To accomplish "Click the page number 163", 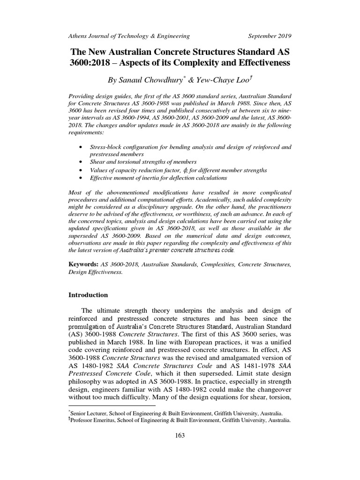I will pyautogui.click(x=180, y=435).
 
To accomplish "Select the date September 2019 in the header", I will pyautogui.click(x=269, y=36).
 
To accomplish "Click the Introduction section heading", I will pyautogui.click(x=88, y=295).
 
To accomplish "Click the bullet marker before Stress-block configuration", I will pyautogui.click(x=82, y=147).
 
